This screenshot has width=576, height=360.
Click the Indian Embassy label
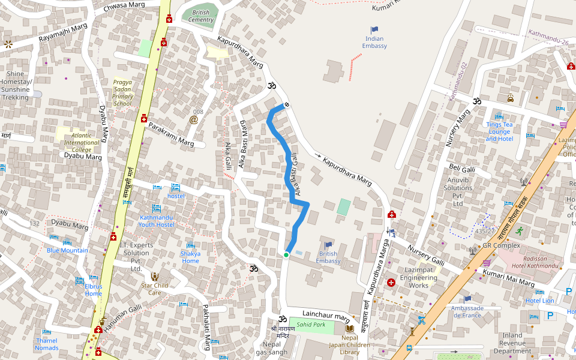tap(376, 42)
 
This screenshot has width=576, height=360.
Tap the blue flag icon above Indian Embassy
tap(374, 29)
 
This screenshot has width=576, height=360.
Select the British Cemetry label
tap(201, 16)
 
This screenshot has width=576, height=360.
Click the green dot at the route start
tap(286, 255)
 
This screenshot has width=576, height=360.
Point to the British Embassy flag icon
tap(328, 245)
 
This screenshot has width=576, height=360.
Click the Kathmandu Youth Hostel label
tap(156, 220)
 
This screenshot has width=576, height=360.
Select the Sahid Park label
tap(310, 325)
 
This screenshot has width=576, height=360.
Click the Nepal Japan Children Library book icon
tap(349, 328)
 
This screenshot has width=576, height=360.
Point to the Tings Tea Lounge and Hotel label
tap(499, 131)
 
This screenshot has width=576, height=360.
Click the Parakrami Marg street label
tap(171, 135)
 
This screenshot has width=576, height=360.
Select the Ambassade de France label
tap(467, 311)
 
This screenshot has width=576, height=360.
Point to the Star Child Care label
tap(154, 289)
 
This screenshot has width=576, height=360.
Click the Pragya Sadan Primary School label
tap(123, 92)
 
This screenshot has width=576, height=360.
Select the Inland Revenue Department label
tap(509, 343)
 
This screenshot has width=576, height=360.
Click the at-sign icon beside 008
tap(194, 119)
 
